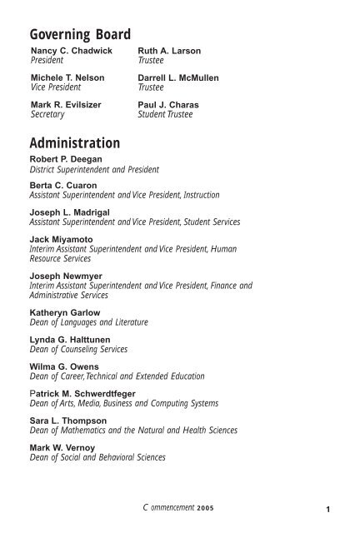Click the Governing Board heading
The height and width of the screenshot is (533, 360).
tap(80, 35)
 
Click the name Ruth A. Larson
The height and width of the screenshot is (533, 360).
tap(169, 52)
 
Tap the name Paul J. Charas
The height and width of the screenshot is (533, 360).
tap(168, 105)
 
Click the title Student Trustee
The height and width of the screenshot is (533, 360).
tap(165, 115)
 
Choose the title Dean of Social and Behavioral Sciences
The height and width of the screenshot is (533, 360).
tap(97, 457)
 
